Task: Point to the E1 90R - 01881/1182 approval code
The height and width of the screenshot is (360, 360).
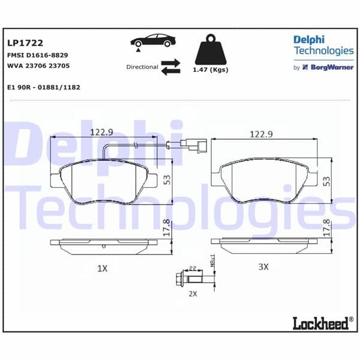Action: [x=44, y=87]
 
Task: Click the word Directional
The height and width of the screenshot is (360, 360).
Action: [x=142, y=67]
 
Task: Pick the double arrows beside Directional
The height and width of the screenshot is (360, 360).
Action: [x=171, y=67]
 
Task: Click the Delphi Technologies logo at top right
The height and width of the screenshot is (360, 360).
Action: [x=323, y=46]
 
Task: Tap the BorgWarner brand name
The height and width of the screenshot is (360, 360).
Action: [x=331, y=67]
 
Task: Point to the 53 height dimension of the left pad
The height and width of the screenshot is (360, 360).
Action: [x=167, y=180]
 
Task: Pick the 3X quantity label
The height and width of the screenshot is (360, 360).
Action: [x=262, y=266]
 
